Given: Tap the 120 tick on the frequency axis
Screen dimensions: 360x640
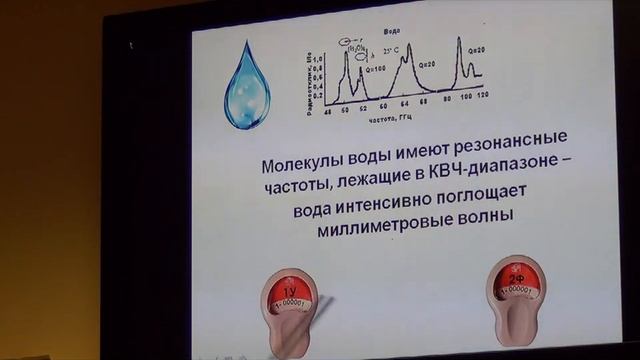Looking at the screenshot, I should coord(481,107).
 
